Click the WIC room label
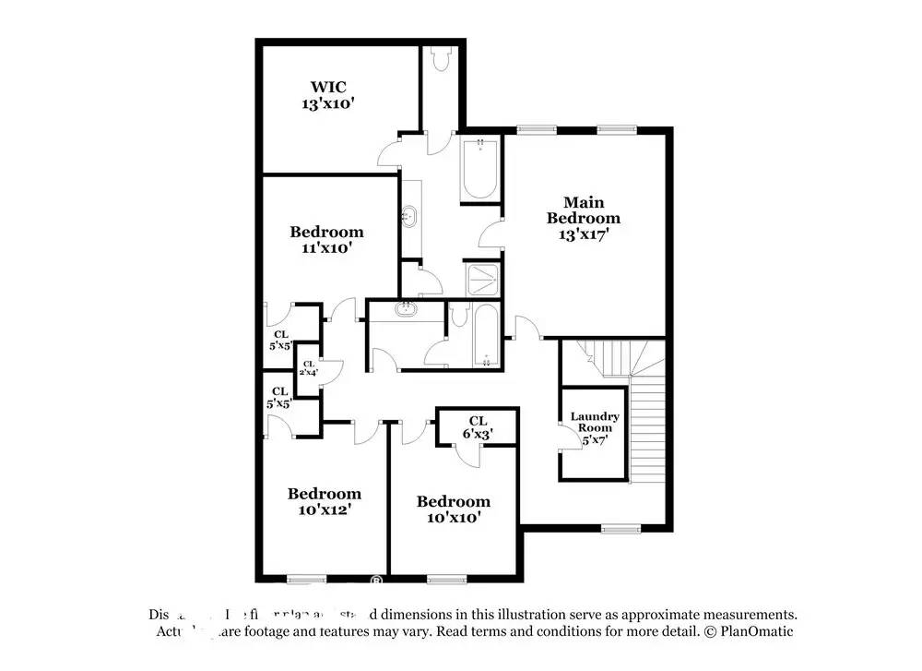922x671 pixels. click(x=327, y=88)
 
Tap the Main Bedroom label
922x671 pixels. click(x=583, y=210)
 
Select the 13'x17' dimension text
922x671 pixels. click(x=583, y=234)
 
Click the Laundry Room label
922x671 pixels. click(x=594, y=423)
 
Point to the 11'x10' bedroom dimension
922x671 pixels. click(x=326, y=247)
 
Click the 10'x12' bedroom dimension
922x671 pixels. click(x=324, y=509)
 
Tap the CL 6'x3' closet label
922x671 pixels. click(x=477, y=426)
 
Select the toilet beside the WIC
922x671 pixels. click(x=438, y=60)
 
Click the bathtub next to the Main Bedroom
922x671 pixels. click(x=479, y=168)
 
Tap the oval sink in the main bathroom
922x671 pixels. click(x=409, y=219)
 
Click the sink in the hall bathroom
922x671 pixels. click(x=406, y=310)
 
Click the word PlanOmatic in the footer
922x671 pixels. click(x=756, y=631)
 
